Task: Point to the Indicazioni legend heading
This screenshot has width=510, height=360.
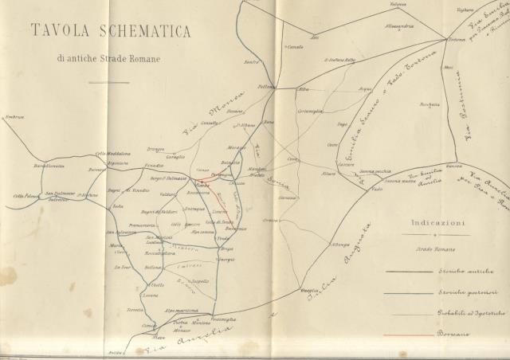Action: coord(438,224)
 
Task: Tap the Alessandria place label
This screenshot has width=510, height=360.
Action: coord(399,27)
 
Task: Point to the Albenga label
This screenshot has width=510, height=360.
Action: coord(341,244)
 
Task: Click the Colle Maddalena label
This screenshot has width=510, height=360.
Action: coord(112,154)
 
